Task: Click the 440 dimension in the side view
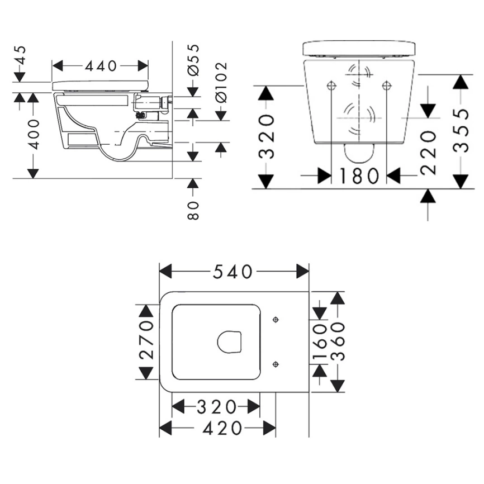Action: pyautogui.click(x=101, y=66)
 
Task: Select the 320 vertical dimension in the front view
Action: pyautogui.click(x=267, y=137)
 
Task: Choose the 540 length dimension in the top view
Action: pyautogui.click(x=233, y=272)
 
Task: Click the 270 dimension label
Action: pyautogui.click(x=146, y=341)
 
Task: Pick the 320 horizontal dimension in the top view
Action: pyautogui.click(x=216, y=406)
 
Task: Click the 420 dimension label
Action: pyautogui.click(x=218, y=429)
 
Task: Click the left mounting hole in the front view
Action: pyautogui.click(x=331, y=86)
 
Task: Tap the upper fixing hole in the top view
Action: pyautogui.click(x=275, y=320)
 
